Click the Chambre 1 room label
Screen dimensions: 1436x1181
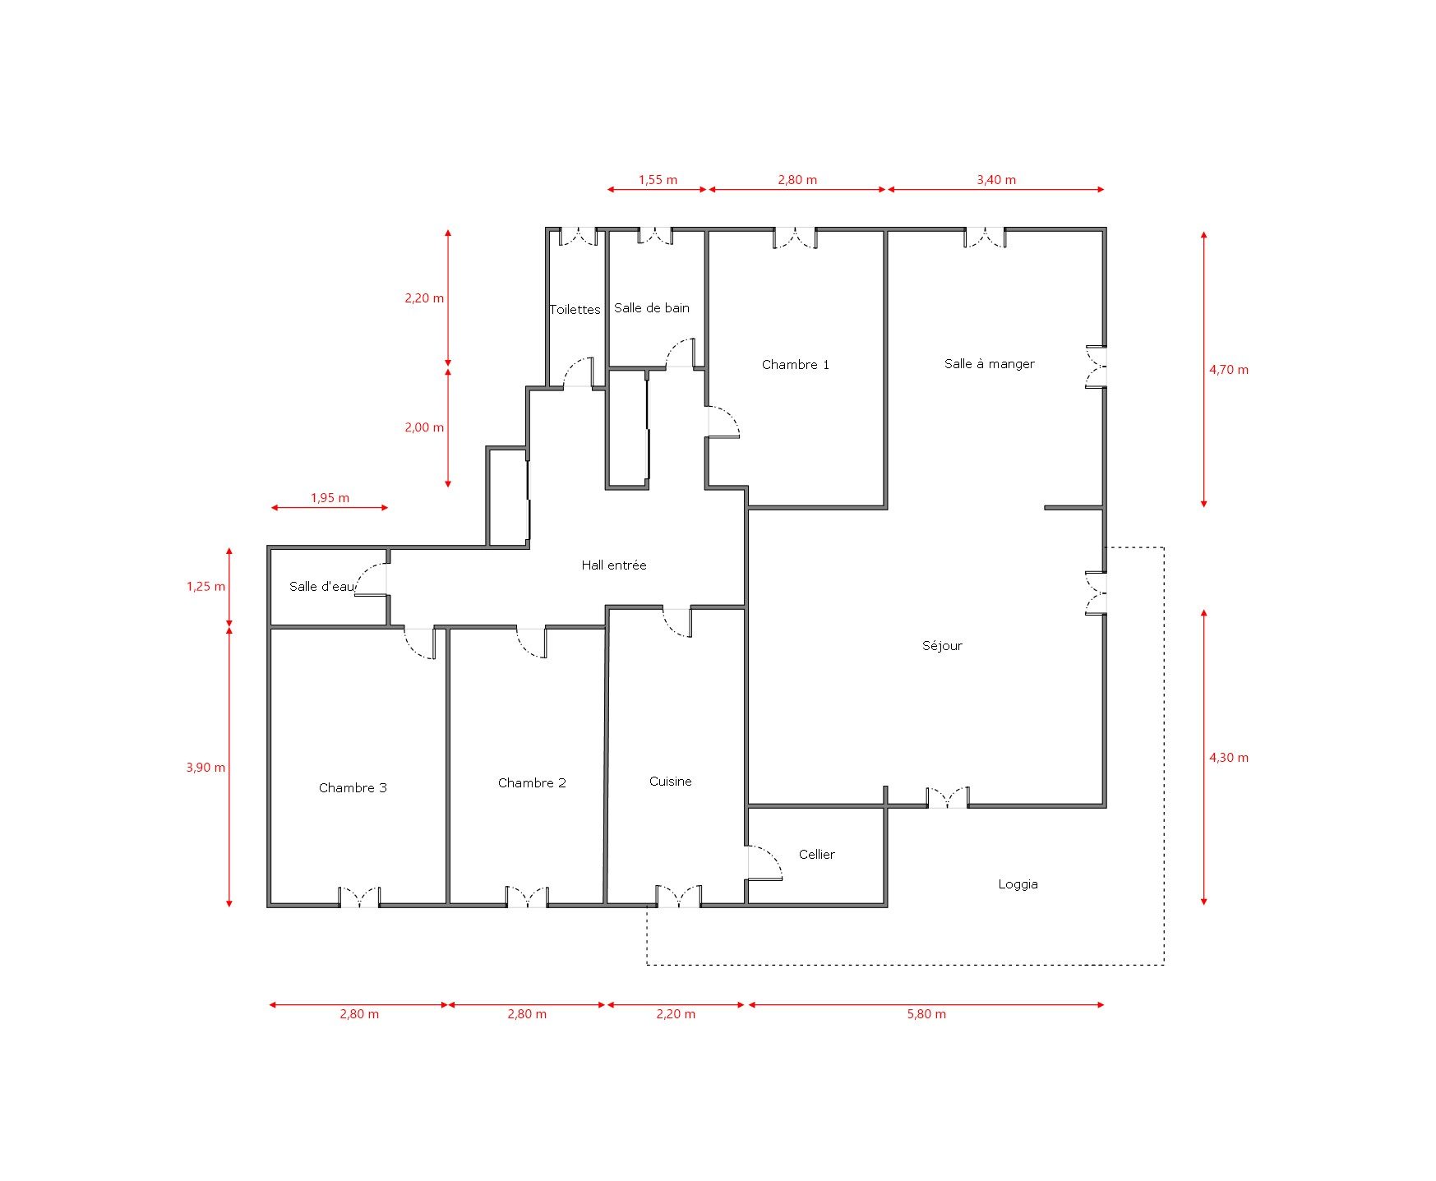coord(795,365)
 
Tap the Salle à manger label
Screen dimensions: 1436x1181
coord(989,364)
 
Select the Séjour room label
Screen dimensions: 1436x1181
coord(942,646)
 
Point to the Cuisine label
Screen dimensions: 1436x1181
coord(670,782)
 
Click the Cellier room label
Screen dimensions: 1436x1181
coord(816,855)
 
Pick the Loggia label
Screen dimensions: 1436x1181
coord(1018,885)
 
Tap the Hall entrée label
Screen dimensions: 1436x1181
coord(613,565)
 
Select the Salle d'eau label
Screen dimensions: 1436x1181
coord(322,587)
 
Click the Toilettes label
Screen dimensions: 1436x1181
coord(575,310)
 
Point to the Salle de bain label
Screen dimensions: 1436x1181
coord(651,308)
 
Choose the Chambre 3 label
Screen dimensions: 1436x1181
coord(353,788)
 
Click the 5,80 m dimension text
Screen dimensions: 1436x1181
coord(926,1014)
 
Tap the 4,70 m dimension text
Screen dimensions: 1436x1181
coord(1228,370)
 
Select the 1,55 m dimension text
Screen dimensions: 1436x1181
coord(658,180)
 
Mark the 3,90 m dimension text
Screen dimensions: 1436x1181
coord(205,768)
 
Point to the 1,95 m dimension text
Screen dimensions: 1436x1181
coord(330,498)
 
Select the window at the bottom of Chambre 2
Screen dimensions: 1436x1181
coord(527,897)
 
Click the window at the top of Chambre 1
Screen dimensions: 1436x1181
coord(795,237)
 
